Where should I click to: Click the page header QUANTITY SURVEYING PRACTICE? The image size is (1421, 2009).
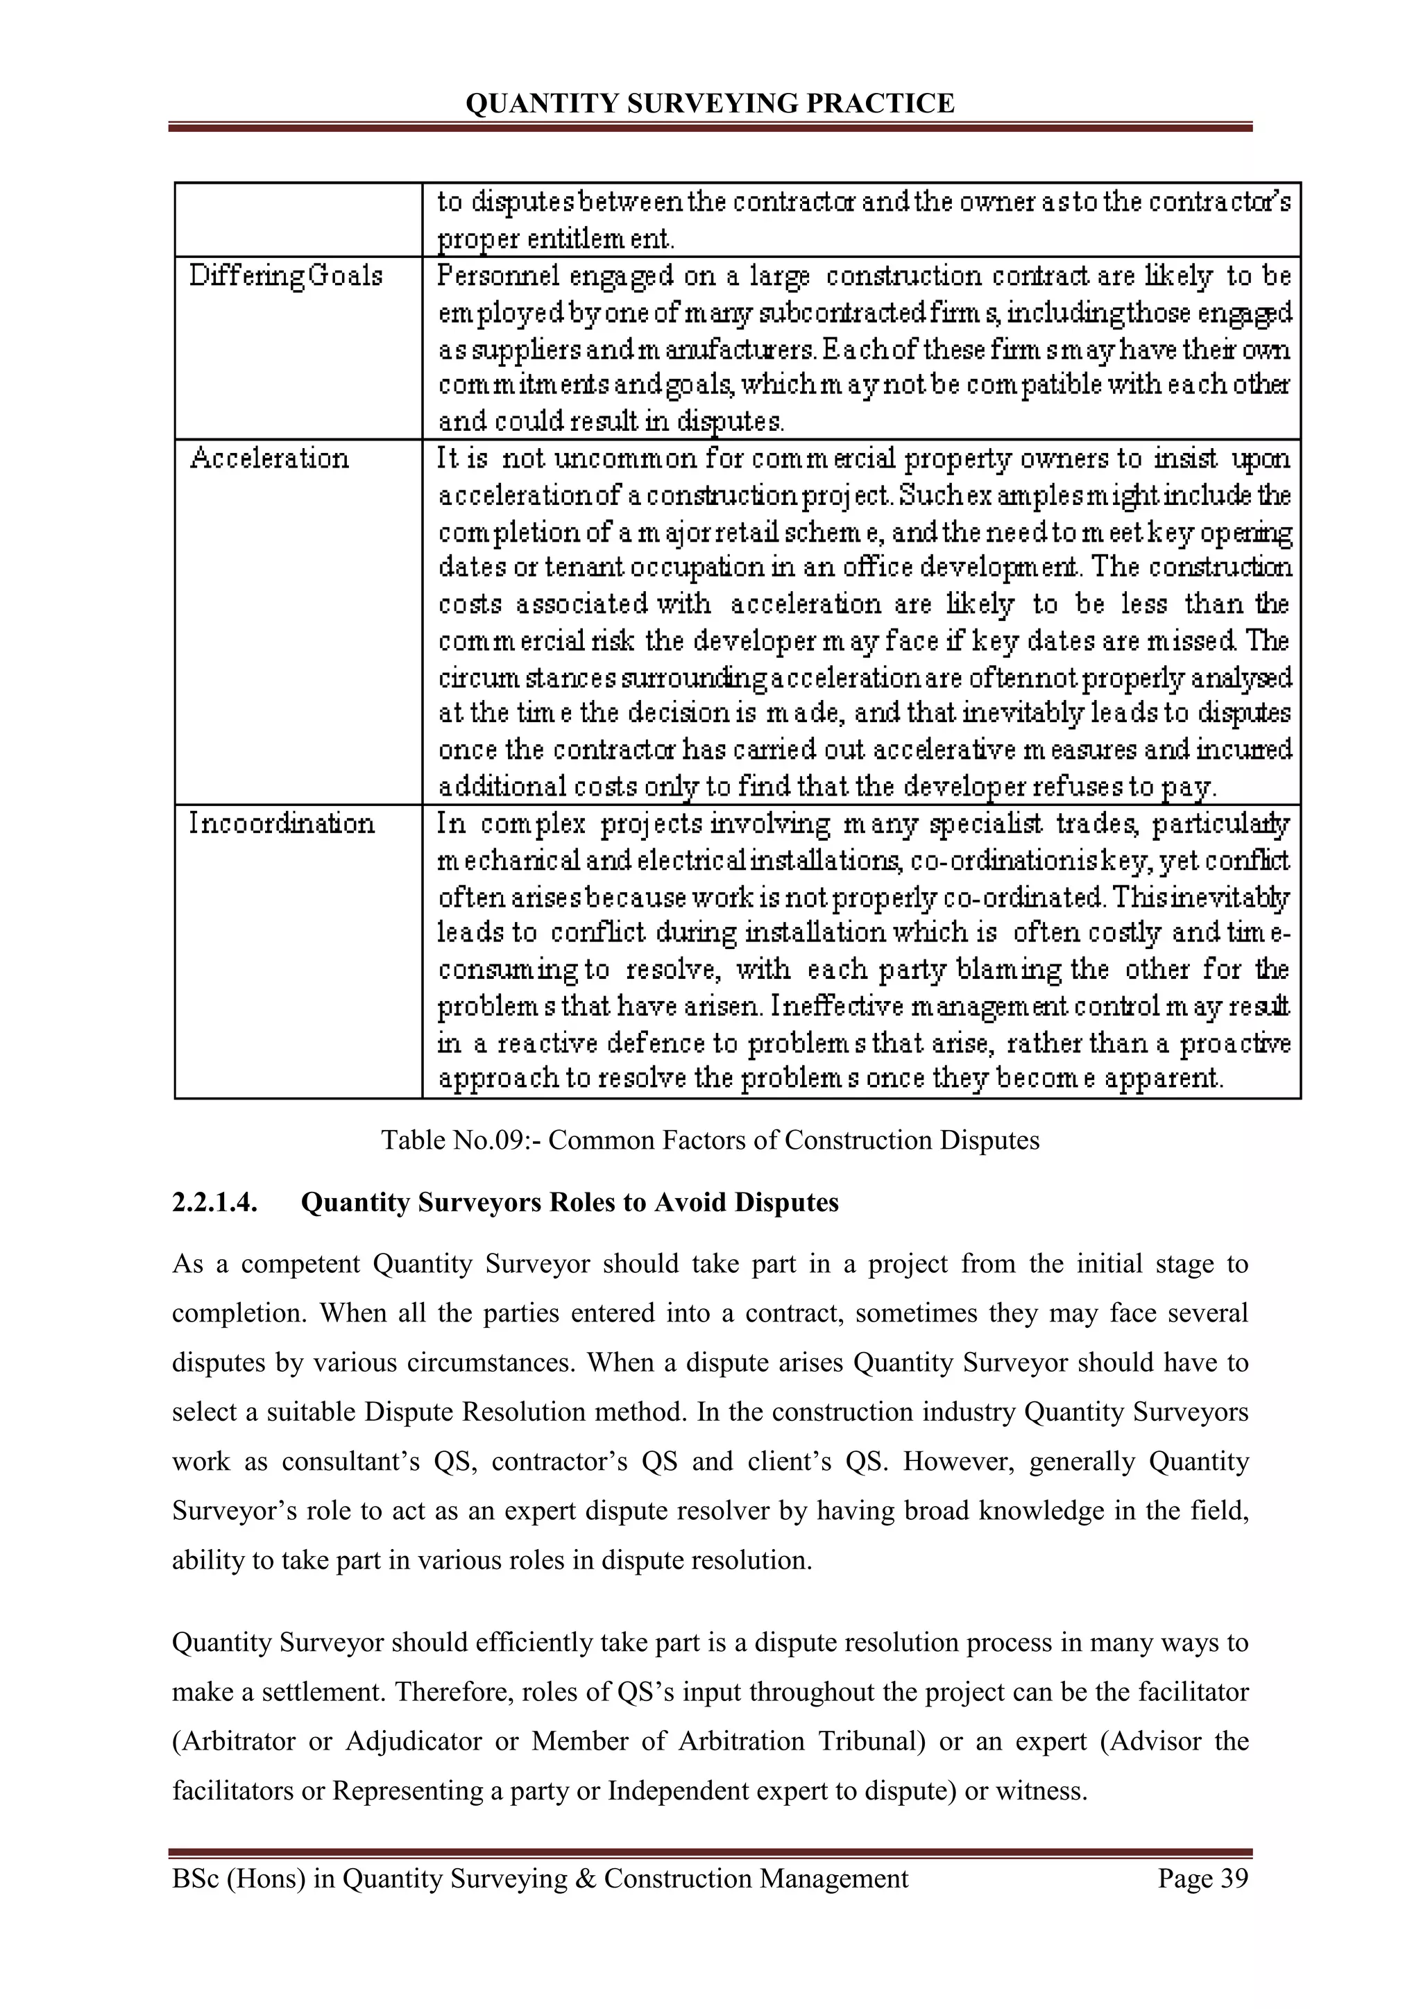(x=710, y=104)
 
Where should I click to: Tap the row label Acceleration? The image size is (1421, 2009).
(x=269, y=459)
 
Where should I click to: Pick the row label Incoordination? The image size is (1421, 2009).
(x=282, y=823)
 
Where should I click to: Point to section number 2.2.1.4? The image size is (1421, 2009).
(x=214, y=1202)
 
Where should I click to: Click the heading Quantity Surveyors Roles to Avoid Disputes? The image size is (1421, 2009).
(x=570, y=1202)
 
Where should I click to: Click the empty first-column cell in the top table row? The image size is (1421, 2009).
(x=298, y=219)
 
